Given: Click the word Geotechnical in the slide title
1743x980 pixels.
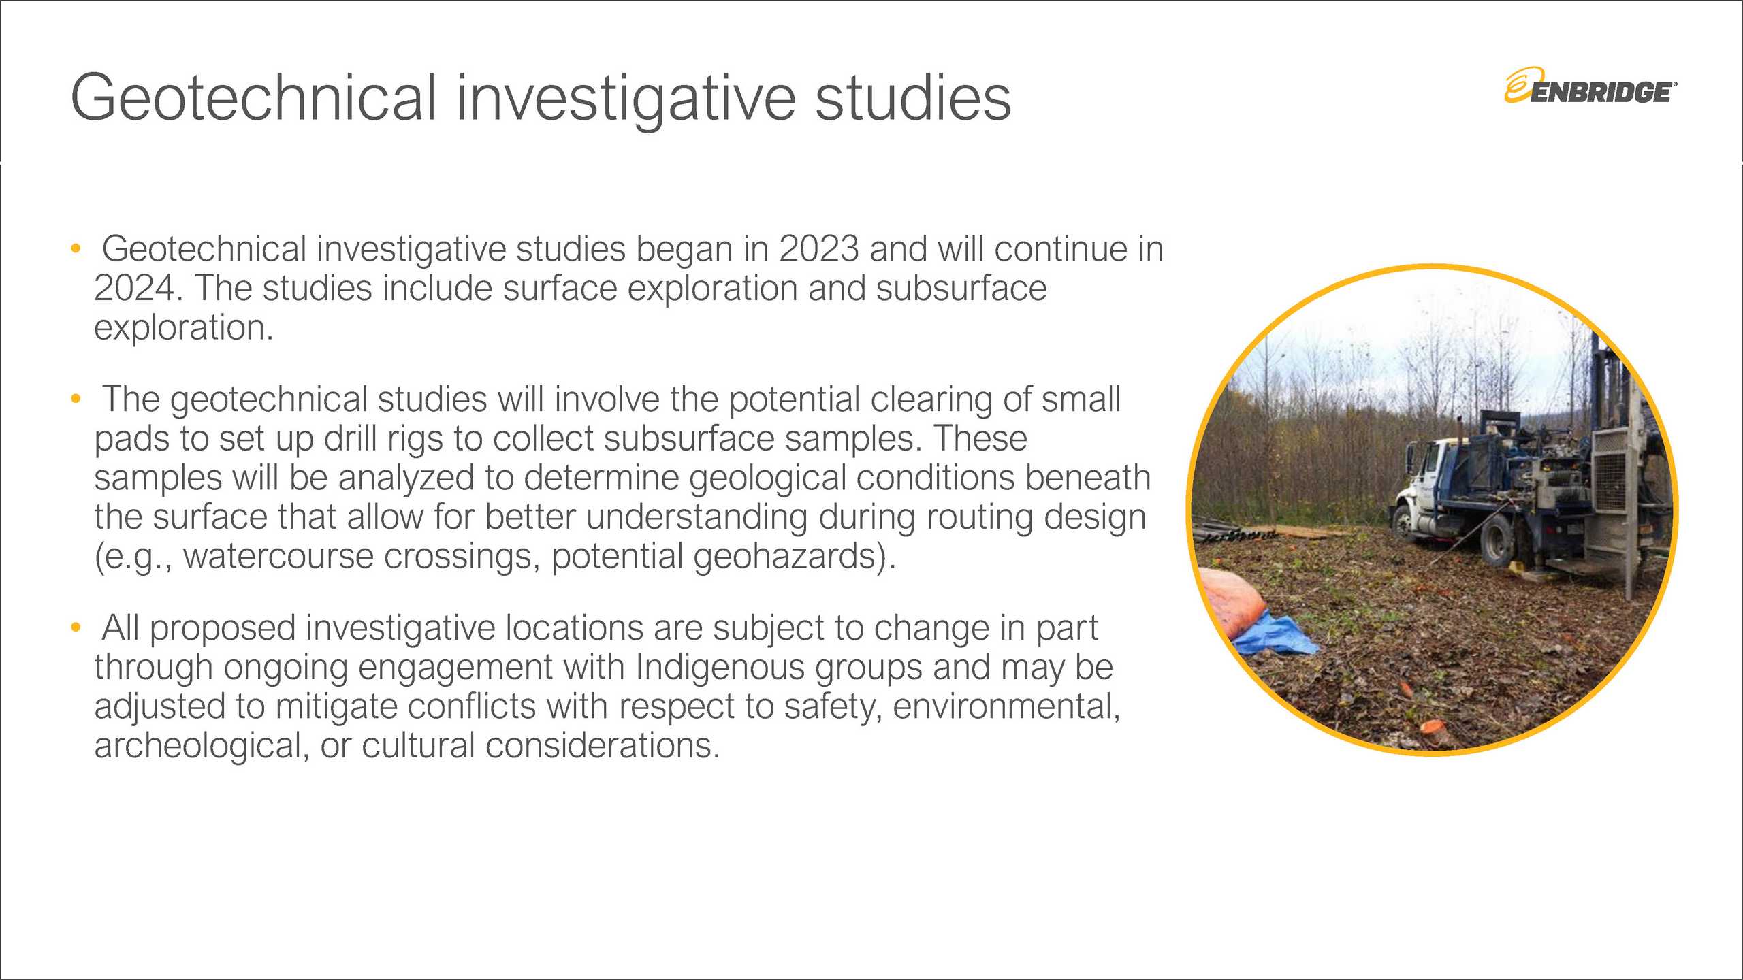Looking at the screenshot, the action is (253, 98).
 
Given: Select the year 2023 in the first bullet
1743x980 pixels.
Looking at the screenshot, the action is (819, 248).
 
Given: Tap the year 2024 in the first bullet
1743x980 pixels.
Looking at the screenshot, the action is (135, 288).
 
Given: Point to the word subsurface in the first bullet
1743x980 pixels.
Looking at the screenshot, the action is (961, 288).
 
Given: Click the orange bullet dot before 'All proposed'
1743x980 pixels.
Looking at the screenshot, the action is (76, 626).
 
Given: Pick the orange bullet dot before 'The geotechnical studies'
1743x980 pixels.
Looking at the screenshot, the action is (76, 398).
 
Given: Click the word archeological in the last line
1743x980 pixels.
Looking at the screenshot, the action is (197, 745).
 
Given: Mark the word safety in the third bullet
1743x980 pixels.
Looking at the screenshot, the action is (833, 706).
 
